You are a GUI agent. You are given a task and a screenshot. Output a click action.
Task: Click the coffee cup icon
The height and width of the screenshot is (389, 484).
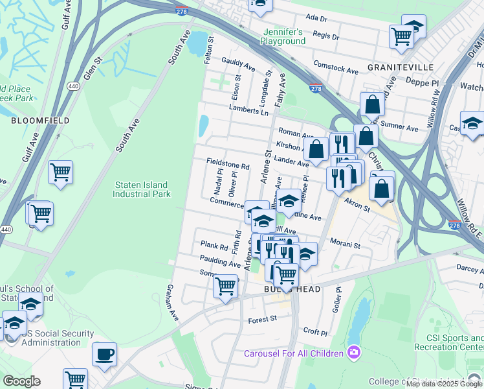pos(104,354)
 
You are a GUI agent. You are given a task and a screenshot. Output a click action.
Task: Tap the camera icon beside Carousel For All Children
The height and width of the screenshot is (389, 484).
pos(353,353)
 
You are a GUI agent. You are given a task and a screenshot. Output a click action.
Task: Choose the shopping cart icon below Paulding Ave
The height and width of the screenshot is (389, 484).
pos(225,285)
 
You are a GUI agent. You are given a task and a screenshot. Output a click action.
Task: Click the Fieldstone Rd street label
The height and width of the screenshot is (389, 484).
pos(228,166)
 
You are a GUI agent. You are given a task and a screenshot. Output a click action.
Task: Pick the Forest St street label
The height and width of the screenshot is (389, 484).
pos(263,319)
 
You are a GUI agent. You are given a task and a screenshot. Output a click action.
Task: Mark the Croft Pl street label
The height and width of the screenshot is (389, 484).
pos(315,331)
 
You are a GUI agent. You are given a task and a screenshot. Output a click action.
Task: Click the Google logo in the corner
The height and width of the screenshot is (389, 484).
pos(21,381)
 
